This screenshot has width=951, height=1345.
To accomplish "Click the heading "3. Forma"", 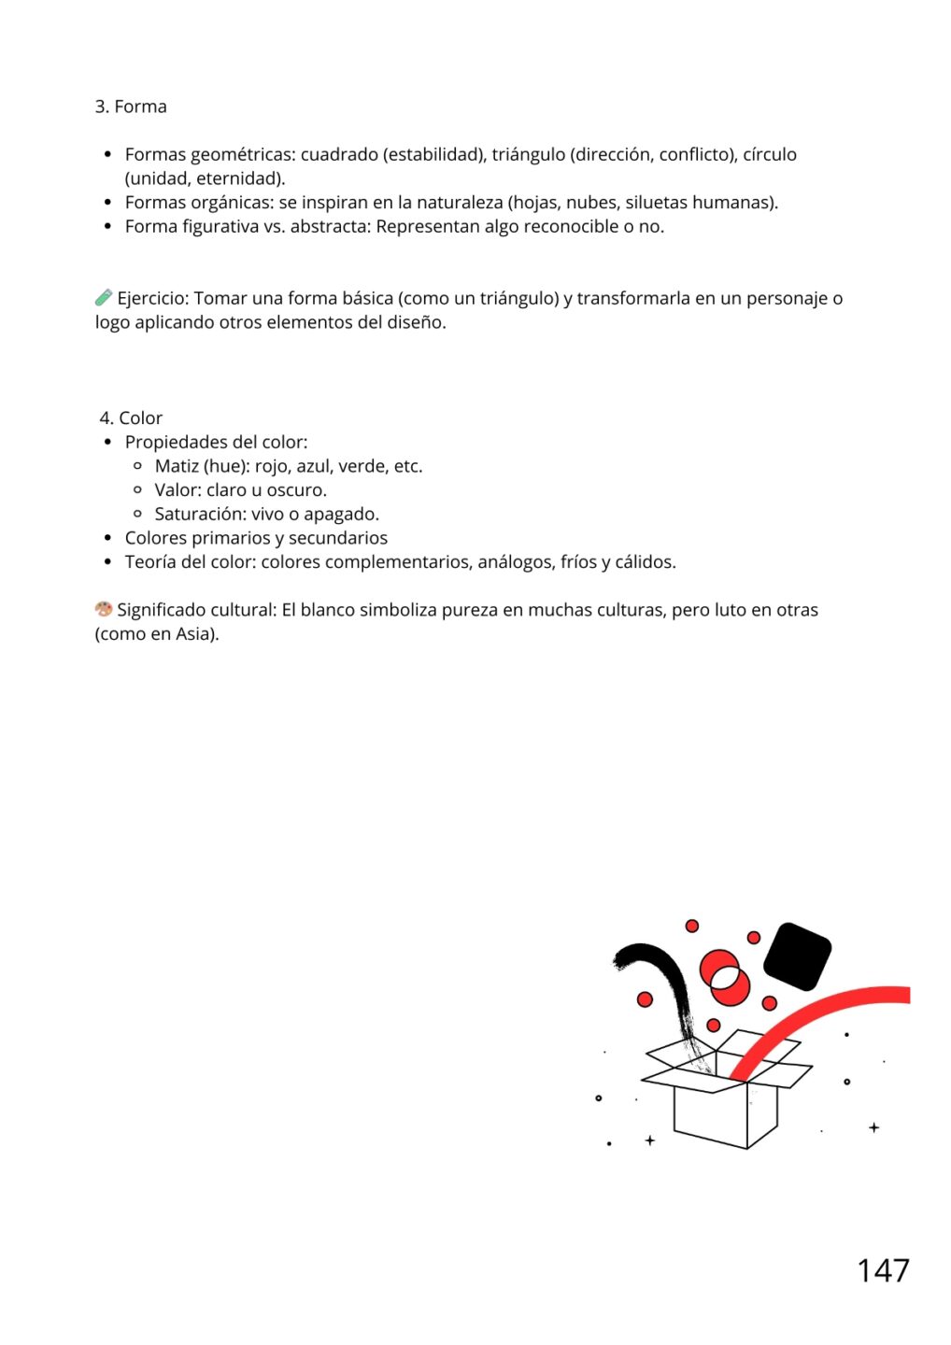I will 131,106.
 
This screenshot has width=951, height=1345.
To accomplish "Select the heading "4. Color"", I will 131,418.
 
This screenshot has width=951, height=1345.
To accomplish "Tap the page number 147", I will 883,1270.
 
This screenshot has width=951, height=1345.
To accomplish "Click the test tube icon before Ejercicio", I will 104,298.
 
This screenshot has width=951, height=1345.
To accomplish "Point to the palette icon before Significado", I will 104,609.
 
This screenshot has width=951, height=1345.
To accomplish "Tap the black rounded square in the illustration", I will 797,956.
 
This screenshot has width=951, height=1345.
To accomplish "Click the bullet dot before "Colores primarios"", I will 108,538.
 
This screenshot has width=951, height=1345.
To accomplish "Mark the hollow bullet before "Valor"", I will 138,490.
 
